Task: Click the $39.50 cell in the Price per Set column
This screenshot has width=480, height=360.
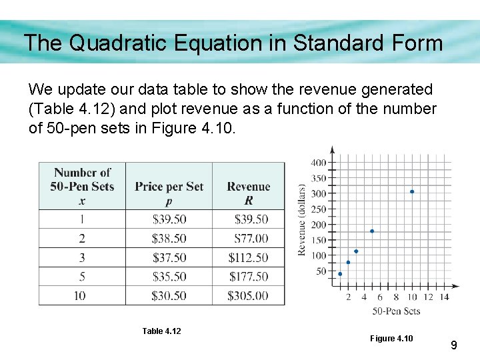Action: pyautogui.click(x=169, y=219)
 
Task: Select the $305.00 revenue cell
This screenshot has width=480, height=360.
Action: pyautogui.click(x=248, y=295)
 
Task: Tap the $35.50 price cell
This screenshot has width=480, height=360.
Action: pyautogui.click(x=169, y=277)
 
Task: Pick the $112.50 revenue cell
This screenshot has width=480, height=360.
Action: pyautogui.click(x=248, y=257)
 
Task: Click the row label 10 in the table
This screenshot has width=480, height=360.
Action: pyautogui.click(x=80, y=295)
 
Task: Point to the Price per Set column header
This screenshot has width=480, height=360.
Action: pyautogui.click(x=169, y=187)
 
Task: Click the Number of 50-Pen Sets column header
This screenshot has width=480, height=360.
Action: pyautogui.click(x=82, y=186)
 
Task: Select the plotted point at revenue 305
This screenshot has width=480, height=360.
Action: pyautogui.click(x=412, y=191)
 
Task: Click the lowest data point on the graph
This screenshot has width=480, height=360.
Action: pyautogui.click(x=340, y=274)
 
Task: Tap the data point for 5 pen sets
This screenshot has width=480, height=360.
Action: pyautogui.click(x=372, y=231)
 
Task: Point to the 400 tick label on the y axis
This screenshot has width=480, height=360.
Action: pyautogui.click(x=318, y=163)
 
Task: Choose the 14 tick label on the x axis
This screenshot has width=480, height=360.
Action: pyautogui.click(x=444, y=297)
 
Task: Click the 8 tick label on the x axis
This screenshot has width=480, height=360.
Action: pyautogui.click(x=396, y=297)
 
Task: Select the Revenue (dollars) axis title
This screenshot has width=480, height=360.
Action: pyautogui.click(x=301, y=219)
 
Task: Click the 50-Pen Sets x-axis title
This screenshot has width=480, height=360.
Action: pyautogui.click(x=396, y=311)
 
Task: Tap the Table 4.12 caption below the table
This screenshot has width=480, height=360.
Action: pyautogui.click(x=161, y=331)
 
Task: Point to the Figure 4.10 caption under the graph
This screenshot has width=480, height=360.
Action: pyautogui.click(x=391, y=339)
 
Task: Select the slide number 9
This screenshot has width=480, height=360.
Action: pyautogui.click(x=453, y=345)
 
